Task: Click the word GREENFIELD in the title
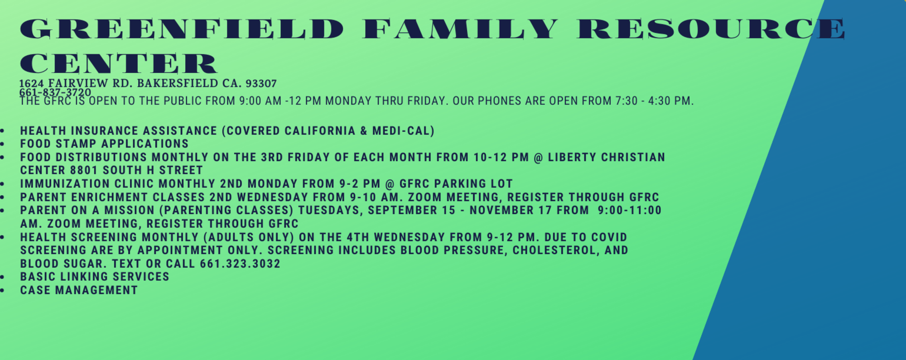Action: coord(182,29)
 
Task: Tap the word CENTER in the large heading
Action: coord(119,63)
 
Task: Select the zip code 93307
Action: coord(261,83)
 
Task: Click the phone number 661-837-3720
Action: coord(55,92)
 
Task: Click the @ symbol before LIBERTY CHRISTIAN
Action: coord(538,158)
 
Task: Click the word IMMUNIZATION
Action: coord(65,184)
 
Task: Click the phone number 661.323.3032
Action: coord(240,264)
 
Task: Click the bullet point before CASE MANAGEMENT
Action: coord(3,290)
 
